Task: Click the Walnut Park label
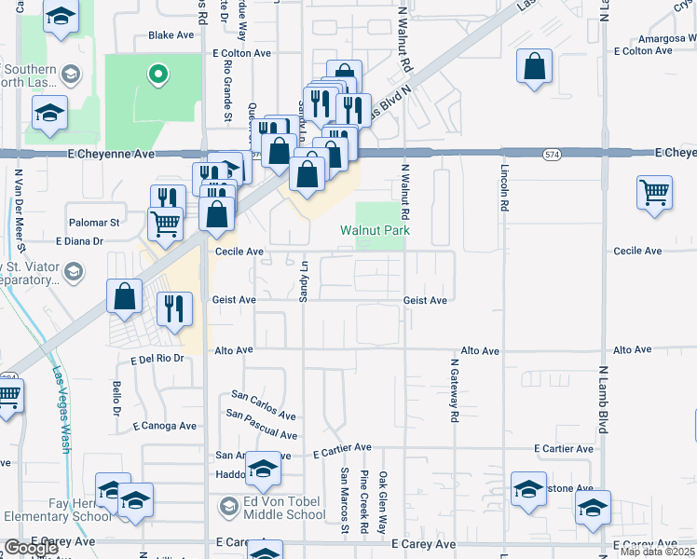click(x=376, y=230)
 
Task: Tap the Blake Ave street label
click(x=171, y=35)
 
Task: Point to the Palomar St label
click(x=94, y=223)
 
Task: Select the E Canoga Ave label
click(x=164, y=426)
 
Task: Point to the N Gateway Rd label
click(x=455, y=391)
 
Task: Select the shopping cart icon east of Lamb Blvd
click(x=655, y=193)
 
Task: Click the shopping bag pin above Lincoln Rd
click(x=534, y=67)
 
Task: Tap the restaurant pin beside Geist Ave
click(x=174, y=307)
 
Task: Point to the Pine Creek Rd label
click(x=365, y=503)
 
